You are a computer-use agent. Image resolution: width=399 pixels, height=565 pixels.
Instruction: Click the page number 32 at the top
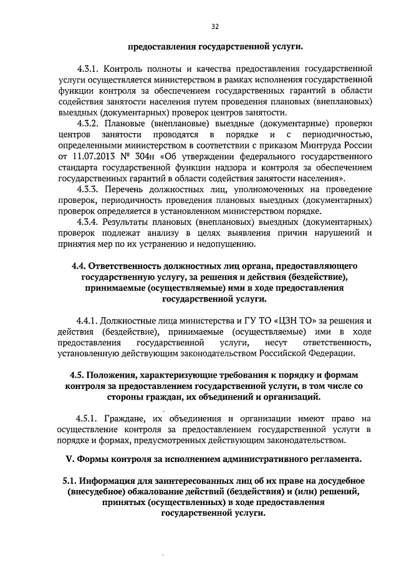point(215,26)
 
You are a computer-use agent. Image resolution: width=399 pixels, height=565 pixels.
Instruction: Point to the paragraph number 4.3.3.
point(89,189)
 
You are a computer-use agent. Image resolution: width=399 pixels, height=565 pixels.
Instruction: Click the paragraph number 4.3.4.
point(89,222)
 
